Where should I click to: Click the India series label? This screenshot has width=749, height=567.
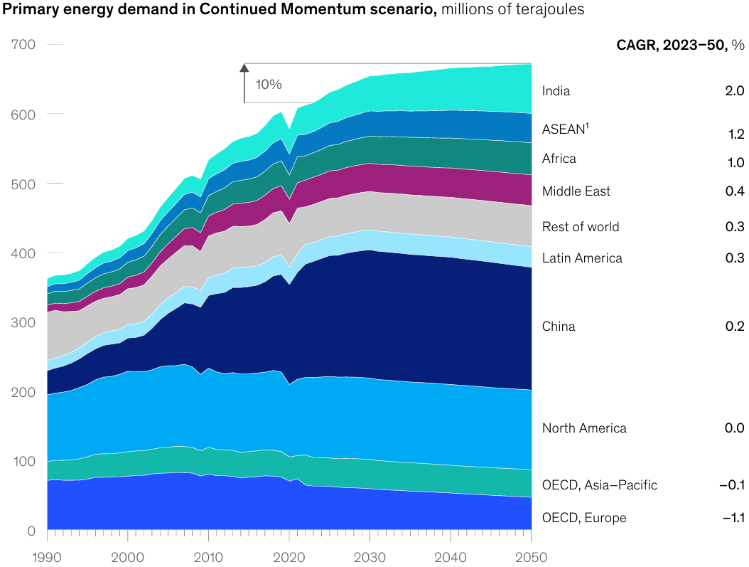[x=556, y=91]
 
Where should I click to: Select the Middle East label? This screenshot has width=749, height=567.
[x=576, y=191]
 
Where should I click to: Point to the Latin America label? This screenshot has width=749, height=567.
[x=582, y=258]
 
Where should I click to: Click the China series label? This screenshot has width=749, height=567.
[x=559, y=327]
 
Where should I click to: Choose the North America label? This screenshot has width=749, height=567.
[x=584, y=428]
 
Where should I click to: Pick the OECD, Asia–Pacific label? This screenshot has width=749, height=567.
[x=599, y=485]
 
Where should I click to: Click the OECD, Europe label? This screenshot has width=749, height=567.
[x=584, y=518]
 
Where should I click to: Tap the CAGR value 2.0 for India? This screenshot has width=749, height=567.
[x=735, y=91]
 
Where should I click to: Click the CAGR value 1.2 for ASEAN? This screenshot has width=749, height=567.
[x=735, y=134]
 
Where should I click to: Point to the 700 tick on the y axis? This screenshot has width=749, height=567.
[x=23, y=44]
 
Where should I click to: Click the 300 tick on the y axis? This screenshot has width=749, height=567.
[x=23, y=322]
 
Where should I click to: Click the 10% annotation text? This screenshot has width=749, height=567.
[x=269, y=84]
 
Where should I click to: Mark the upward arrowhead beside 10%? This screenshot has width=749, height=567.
[x=244, y=68]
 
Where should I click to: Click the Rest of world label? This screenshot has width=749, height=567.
[x=581, y=227]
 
